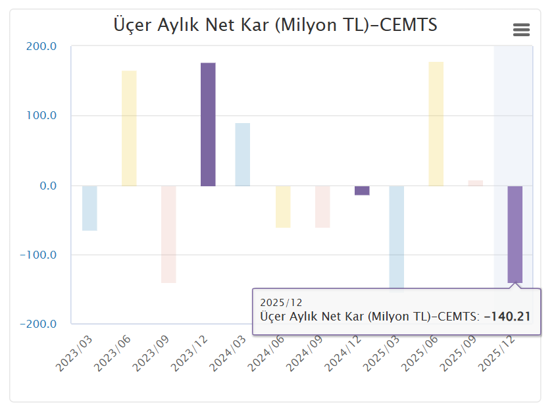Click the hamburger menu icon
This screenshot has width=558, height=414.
point(521,30)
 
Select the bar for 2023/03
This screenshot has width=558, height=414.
point(89,208)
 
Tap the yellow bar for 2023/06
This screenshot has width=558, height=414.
point(129,128)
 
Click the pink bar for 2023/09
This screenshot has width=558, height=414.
point(168,234)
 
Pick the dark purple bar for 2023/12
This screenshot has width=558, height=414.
point(208,124)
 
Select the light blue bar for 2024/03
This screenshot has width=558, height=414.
point(243,155)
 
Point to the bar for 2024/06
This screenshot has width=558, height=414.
point(283,207)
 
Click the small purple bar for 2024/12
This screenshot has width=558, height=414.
point(362,190)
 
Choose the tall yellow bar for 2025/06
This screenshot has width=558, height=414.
point(436,124)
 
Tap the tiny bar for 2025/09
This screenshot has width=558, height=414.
point(476,183)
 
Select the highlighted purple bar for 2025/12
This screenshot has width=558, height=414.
point(515,234)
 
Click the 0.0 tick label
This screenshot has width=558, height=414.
point(47,186)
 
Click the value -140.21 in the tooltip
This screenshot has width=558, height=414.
point(507,317)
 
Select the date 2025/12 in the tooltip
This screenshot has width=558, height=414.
point(281,303)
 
